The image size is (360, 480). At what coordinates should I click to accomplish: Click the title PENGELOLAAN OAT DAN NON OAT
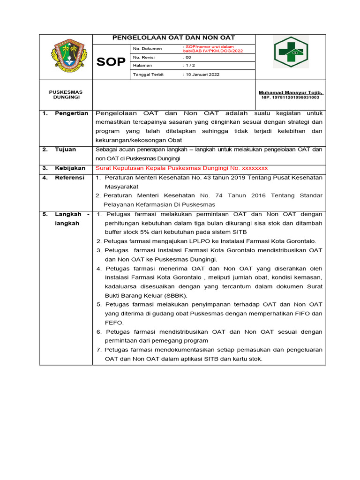[173, 38]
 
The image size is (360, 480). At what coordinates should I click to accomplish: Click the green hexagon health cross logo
[291, 52]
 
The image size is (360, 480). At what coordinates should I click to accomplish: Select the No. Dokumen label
[147, 49]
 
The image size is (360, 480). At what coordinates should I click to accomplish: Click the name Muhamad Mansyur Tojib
[291, 93]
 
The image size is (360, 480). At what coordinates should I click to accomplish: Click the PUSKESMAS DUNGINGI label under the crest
[66, 95]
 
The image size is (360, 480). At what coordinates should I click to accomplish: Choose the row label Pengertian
[71, 113]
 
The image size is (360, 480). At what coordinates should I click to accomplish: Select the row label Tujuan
[65, 150]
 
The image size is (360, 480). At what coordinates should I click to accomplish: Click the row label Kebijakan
[70, 168]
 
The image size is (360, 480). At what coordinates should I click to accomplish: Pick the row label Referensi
[70, 178]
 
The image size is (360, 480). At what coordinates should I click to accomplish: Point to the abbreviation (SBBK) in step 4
[174, 296]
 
